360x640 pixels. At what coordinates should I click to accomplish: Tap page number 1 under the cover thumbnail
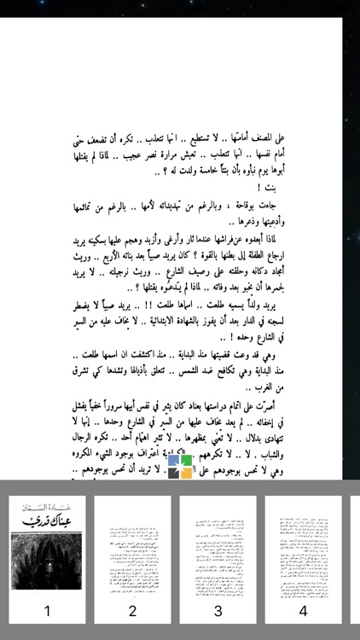47,610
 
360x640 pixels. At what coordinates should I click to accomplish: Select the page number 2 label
132,610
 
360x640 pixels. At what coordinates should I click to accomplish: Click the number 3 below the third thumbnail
218,610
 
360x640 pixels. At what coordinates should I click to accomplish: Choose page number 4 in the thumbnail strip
303,610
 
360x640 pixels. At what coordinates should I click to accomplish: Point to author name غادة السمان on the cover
47,509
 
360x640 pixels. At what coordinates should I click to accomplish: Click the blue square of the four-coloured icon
173,461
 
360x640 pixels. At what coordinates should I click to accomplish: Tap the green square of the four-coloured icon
186,461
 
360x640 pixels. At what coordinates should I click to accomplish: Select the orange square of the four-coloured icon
186,473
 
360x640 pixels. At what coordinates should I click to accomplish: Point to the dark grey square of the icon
173,473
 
